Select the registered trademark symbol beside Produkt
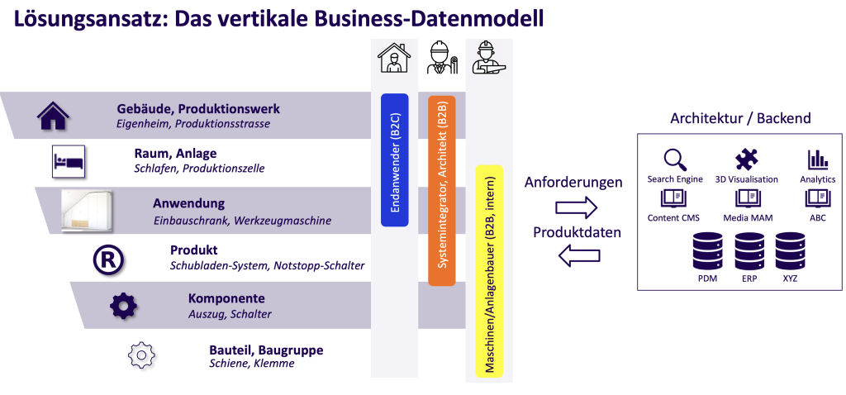[x=108, y=259]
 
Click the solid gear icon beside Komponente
[x=124, y=305]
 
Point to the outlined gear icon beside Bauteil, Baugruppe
[x=141, y=354]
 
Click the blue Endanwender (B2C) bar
[x=394, y=159]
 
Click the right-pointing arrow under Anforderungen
[x=574, y=207]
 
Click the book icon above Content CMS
[x=673, y=198]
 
